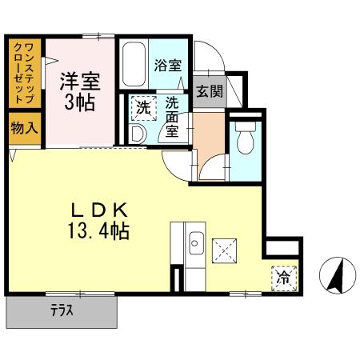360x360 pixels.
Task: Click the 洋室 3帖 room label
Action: (x=80, y=91)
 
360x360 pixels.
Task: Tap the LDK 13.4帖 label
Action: (x=99, y=221)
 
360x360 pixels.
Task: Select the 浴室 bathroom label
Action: (x=168, y=66)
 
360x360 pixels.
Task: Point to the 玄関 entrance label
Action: (x=210, y=91)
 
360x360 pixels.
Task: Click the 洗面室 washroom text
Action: (x=172, y=117)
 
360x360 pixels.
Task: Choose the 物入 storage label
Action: (x=25, y=128)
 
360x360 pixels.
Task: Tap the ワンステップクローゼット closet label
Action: (x=24, y=73)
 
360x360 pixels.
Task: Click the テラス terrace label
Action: (x=62, y=310)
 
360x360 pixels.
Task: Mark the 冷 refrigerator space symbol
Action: (x=284, y=278)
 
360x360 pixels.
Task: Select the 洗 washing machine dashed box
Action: (x=144, y=108)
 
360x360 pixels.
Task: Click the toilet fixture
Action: (x=246, y=138)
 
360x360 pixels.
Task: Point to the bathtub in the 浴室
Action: (x=134, y=64)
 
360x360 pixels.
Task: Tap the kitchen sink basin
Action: (x=197, y=243)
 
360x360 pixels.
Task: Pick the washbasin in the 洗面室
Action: (x=138, y=134)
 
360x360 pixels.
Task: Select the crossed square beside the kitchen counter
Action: (x=224, y=250)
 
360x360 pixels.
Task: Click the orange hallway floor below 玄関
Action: (x=209, y=136)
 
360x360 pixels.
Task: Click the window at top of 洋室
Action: (x=98, y=36)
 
